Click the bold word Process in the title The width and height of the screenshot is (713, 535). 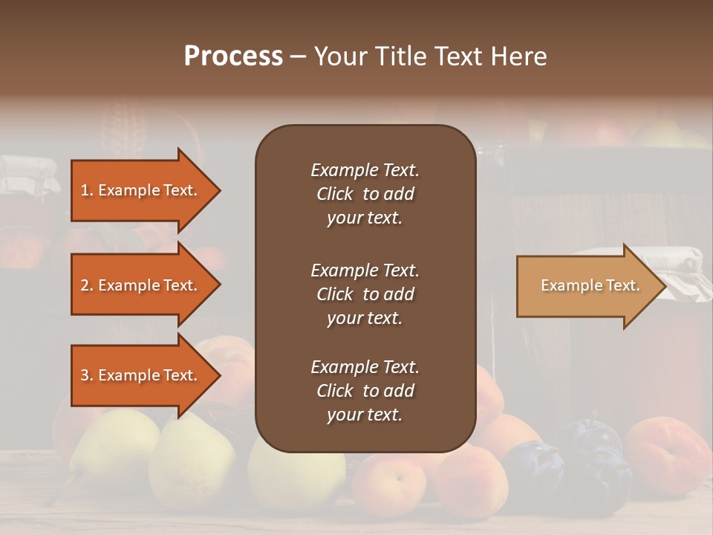[x=233, y=56]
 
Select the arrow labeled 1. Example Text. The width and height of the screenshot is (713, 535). [x=141, y=190]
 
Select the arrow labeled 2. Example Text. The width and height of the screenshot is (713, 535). [x=141, y=285]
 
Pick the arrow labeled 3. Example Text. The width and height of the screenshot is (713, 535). [x=141, y=375]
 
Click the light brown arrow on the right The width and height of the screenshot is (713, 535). [x=587, y=285]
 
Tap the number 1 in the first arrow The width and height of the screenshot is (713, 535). [x=85, y=190]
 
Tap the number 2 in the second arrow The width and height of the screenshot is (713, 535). [x=85, y=285]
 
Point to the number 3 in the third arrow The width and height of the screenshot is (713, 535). [x=85, y=375]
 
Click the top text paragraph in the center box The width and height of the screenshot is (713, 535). [x=365, y=194]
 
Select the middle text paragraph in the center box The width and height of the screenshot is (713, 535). [x=365, y=294]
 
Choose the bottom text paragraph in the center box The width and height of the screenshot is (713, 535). [x=365, y=390]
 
